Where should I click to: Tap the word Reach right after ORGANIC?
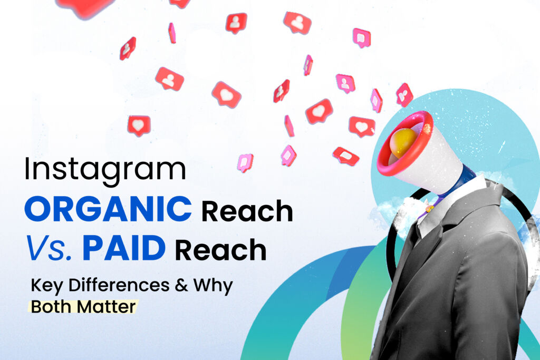tap(247, 211)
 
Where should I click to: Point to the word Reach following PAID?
tap(220, 250)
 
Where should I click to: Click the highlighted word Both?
tap(51, 306)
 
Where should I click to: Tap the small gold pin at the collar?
tap(429, 209)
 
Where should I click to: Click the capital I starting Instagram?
tap(27, 170)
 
